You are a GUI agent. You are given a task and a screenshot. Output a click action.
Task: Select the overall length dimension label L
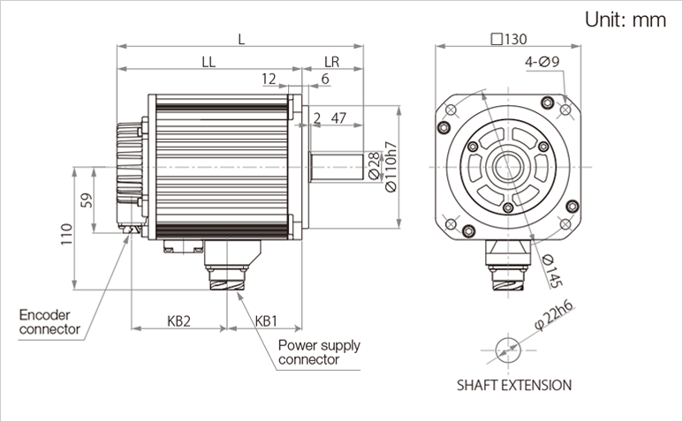pyautogui.click(x=240, y=39)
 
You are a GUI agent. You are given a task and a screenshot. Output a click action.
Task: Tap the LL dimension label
pyautogui.click(x=209, y=62)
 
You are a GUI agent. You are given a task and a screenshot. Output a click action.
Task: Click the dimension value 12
pyautogui.click(x=269, y=79)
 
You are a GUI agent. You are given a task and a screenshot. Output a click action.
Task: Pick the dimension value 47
pyautogui.click(x=338, y=117)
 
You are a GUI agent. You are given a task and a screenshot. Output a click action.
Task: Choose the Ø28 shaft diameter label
pyautogui.click(x=373, y=164)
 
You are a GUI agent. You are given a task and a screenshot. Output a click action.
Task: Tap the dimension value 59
pyautogui.click(x=87, y=200)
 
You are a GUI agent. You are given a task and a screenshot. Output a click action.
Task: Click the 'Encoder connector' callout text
pyautogui.click(x=49, y=321)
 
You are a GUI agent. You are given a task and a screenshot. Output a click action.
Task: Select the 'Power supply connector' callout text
pyautogui.click(x=319, y=352)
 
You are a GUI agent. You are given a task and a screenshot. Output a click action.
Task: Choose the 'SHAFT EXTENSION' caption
pyautogui.click(x=513, y=385)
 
